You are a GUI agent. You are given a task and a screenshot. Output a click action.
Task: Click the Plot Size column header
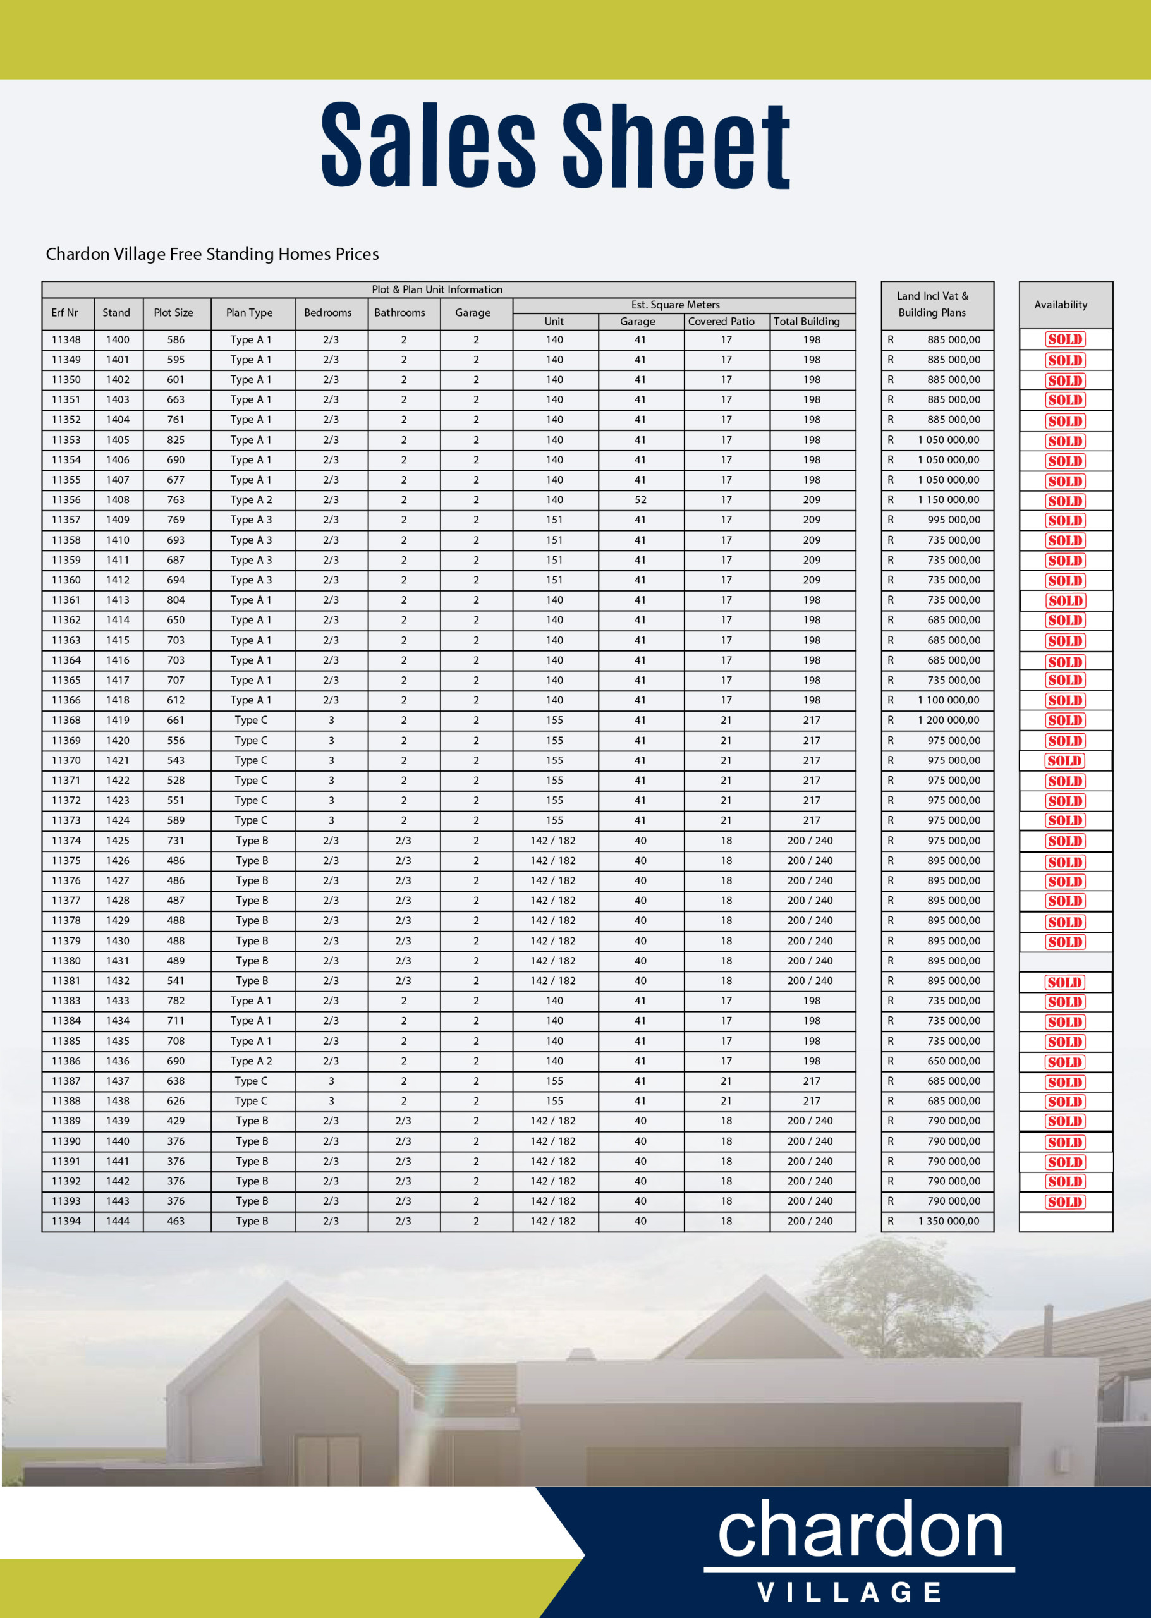pos(174,313)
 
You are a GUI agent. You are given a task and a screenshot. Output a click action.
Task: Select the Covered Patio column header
pos(721,322)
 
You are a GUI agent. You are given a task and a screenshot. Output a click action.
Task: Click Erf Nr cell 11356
pos(66,500)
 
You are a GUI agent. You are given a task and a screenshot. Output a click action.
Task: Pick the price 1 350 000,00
pos(948,1221)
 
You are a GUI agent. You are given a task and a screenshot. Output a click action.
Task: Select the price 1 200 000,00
pos(948,720)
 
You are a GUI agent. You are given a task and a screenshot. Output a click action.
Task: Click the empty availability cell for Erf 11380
pos(1065,962)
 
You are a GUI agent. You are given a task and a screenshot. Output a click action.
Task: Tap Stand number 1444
pos(118,1221)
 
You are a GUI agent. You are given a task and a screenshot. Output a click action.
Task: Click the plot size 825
pos(176,440)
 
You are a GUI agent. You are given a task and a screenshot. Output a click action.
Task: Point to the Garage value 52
pos(640,500)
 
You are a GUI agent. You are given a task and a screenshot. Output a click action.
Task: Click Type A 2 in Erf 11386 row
pos(251,1061)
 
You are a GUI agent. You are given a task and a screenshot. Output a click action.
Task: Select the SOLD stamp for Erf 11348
pos(1064,339)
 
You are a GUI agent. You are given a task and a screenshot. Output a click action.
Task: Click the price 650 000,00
pos(953,1061)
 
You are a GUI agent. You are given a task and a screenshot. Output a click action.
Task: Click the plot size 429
pos(176,1121)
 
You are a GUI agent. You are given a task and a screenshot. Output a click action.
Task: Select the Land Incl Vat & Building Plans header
pos(932,305)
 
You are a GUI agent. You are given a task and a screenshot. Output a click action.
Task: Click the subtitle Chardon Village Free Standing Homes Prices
pos(212,253)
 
